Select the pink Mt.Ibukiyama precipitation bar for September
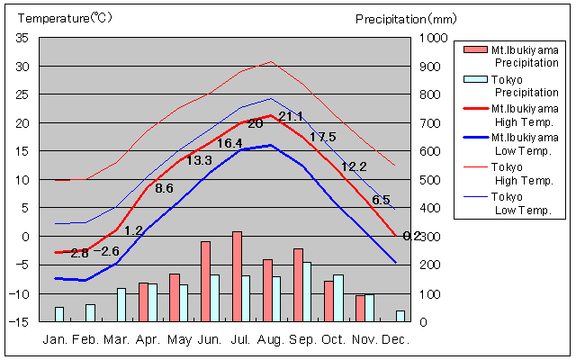point(298,284)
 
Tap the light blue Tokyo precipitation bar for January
point(59,314)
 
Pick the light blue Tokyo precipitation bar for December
point(400,316)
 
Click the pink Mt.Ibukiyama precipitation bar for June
point(205,281)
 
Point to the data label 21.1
point(291,117)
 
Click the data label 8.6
point(164,189)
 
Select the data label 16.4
point(229,144)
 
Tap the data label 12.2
point(354,166)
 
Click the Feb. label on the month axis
point(85,340)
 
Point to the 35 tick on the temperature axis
point(22,38)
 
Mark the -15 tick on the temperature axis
point(20,321)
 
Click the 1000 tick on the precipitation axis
point(436,38)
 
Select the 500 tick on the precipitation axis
point(433,180)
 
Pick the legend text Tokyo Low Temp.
point(526,203)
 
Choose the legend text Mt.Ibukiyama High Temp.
point(526,115)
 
